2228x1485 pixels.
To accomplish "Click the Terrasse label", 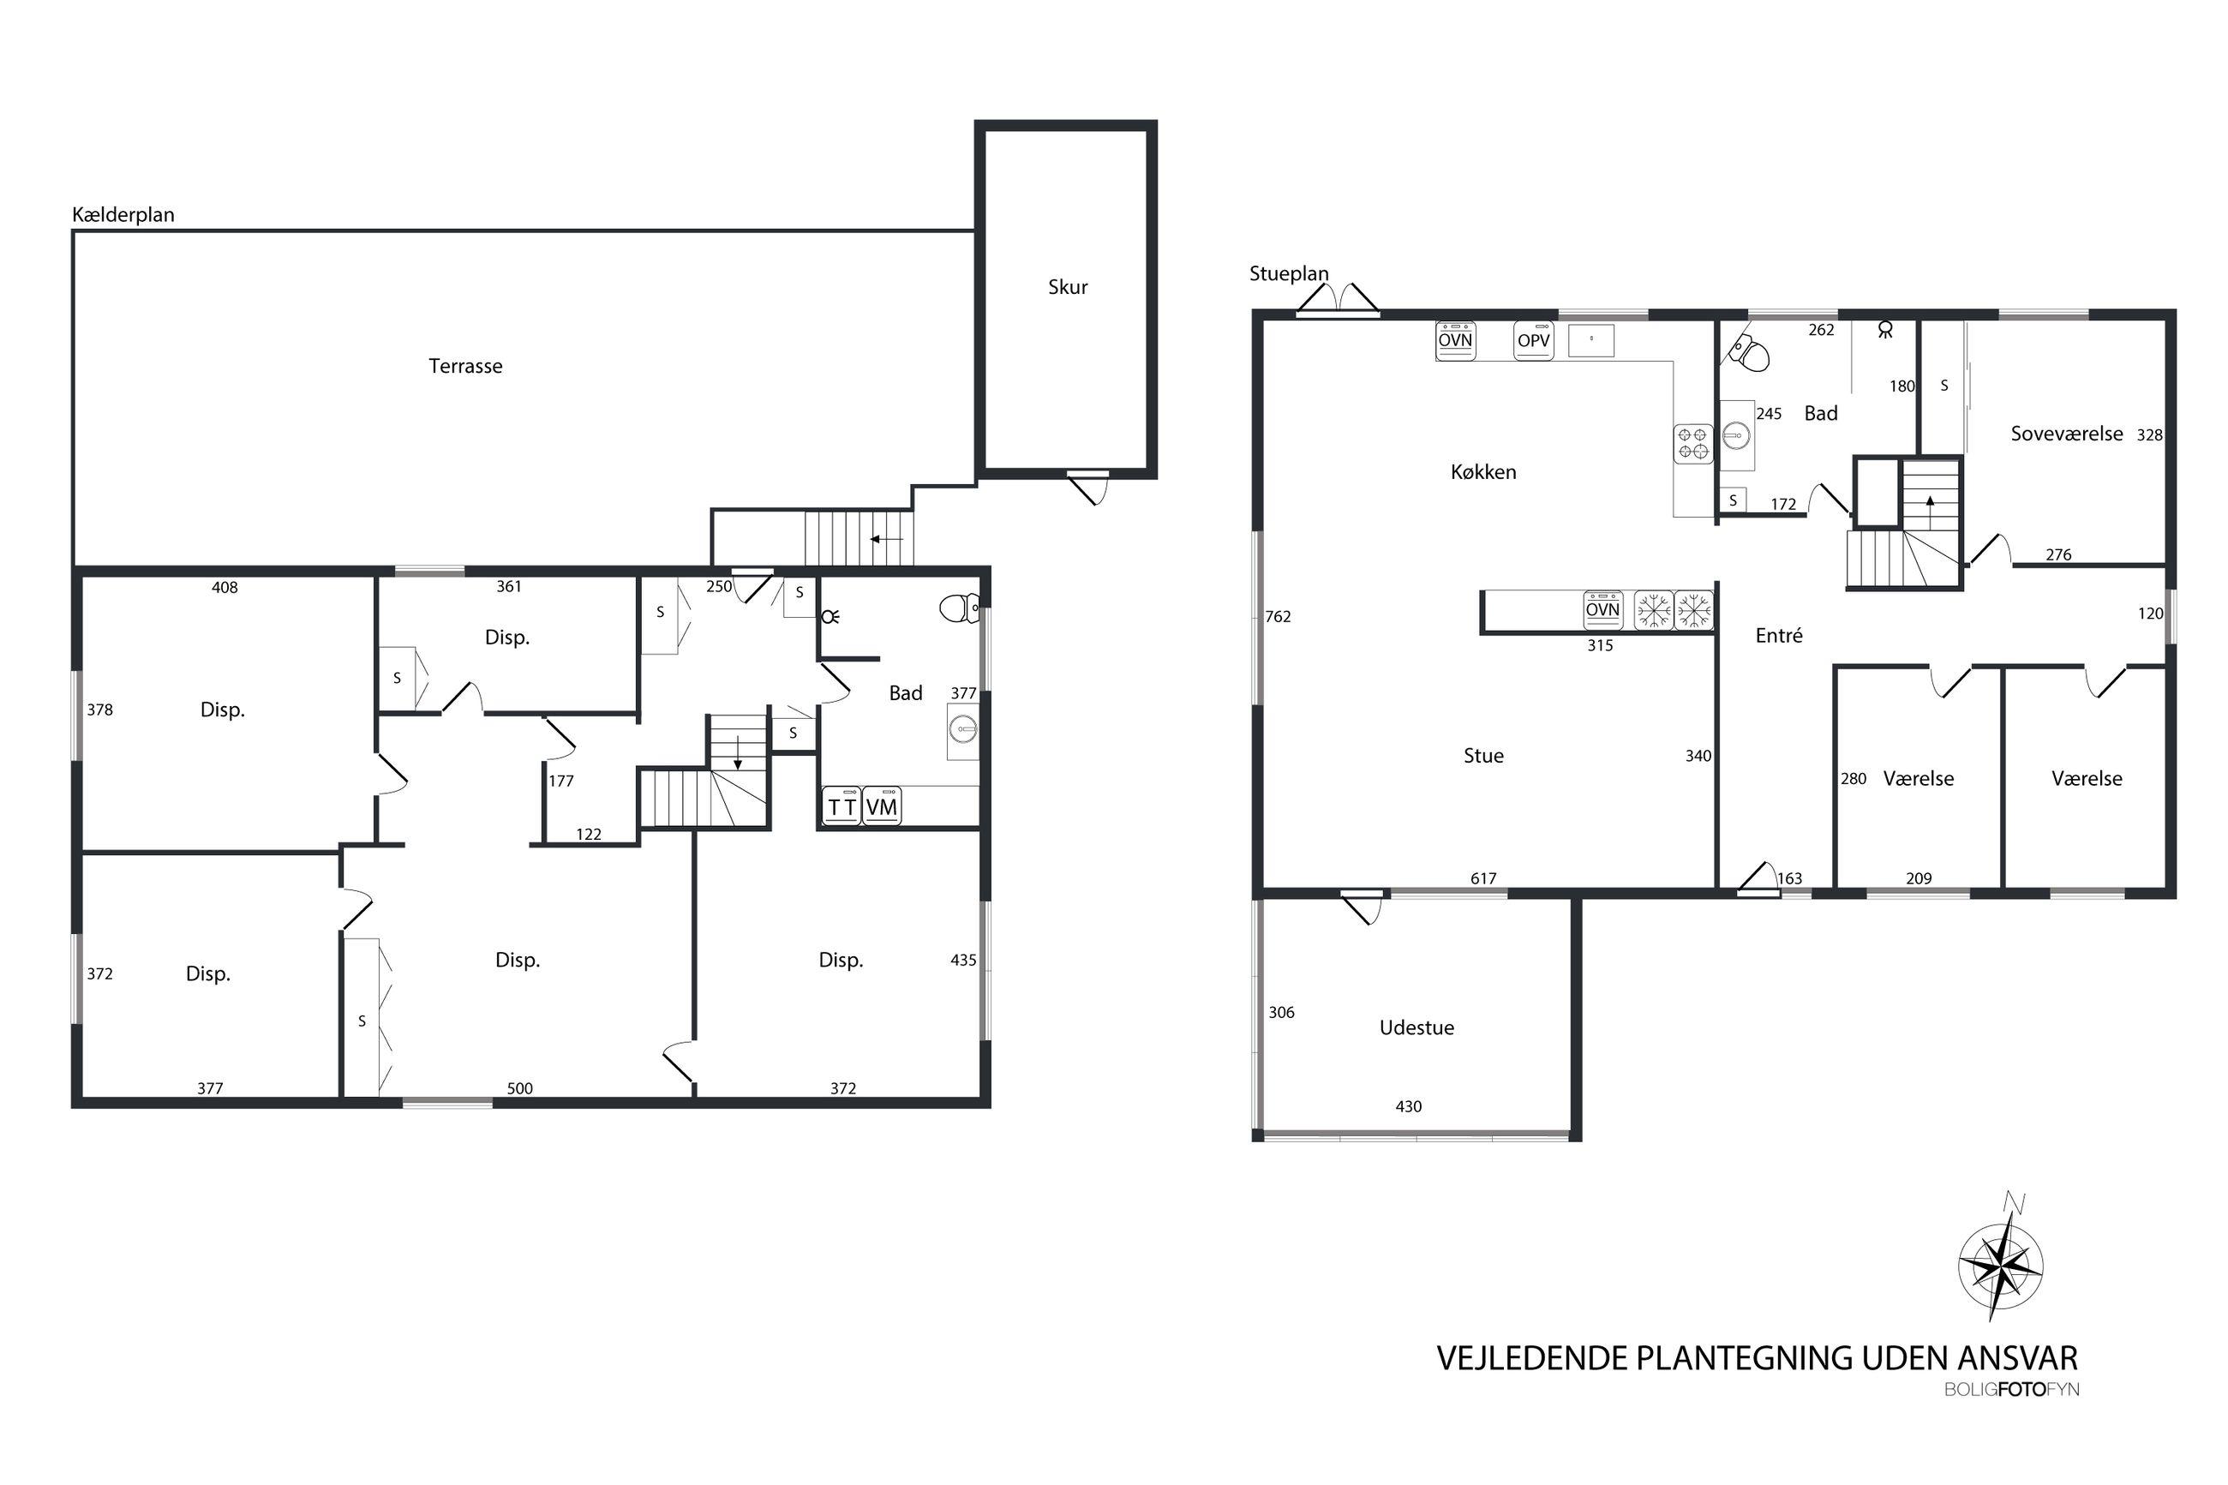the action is pyautogui.click(x=465, y=366).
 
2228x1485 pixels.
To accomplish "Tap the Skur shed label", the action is pyautogui.click(x=1067, y=287).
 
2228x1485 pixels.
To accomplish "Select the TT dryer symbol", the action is pyautogui.click(x=841, y=806).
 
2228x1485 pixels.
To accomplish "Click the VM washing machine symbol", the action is pyautogui.click(x=882, y=806).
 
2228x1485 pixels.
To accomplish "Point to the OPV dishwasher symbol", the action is pyautogui.click(x=1533, y=341).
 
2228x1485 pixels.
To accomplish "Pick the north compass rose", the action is pyautogui.click(x=1999, y=1262).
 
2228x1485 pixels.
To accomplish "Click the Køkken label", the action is pyautogui.click(x=1482, y=471).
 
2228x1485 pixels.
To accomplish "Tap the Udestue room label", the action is pyautogui.click(x=1416, y=1027).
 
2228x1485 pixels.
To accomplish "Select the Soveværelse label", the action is pyautogui.click(x=2066, y=434).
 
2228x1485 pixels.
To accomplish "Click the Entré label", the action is pyautogui.click(x=1778, y=636).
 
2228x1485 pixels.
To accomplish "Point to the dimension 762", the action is pyautogui.click(x=1278, y=617).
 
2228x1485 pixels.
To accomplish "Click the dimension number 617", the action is pyautogui.click(x=1482, y=879).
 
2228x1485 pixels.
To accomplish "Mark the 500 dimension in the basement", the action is pyautogui.click(x=520, y=1088).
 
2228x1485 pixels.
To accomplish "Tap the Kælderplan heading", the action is pyautogui.click(x=123, y=215).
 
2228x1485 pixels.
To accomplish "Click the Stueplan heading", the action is pyautogui.click(x=1289, y=273).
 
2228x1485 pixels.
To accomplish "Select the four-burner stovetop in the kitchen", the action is pyautogui.click(x=1693, y=443).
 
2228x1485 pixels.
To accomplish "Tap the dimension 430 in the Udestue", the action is pyautogui.click(x=1408, y=1106).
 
